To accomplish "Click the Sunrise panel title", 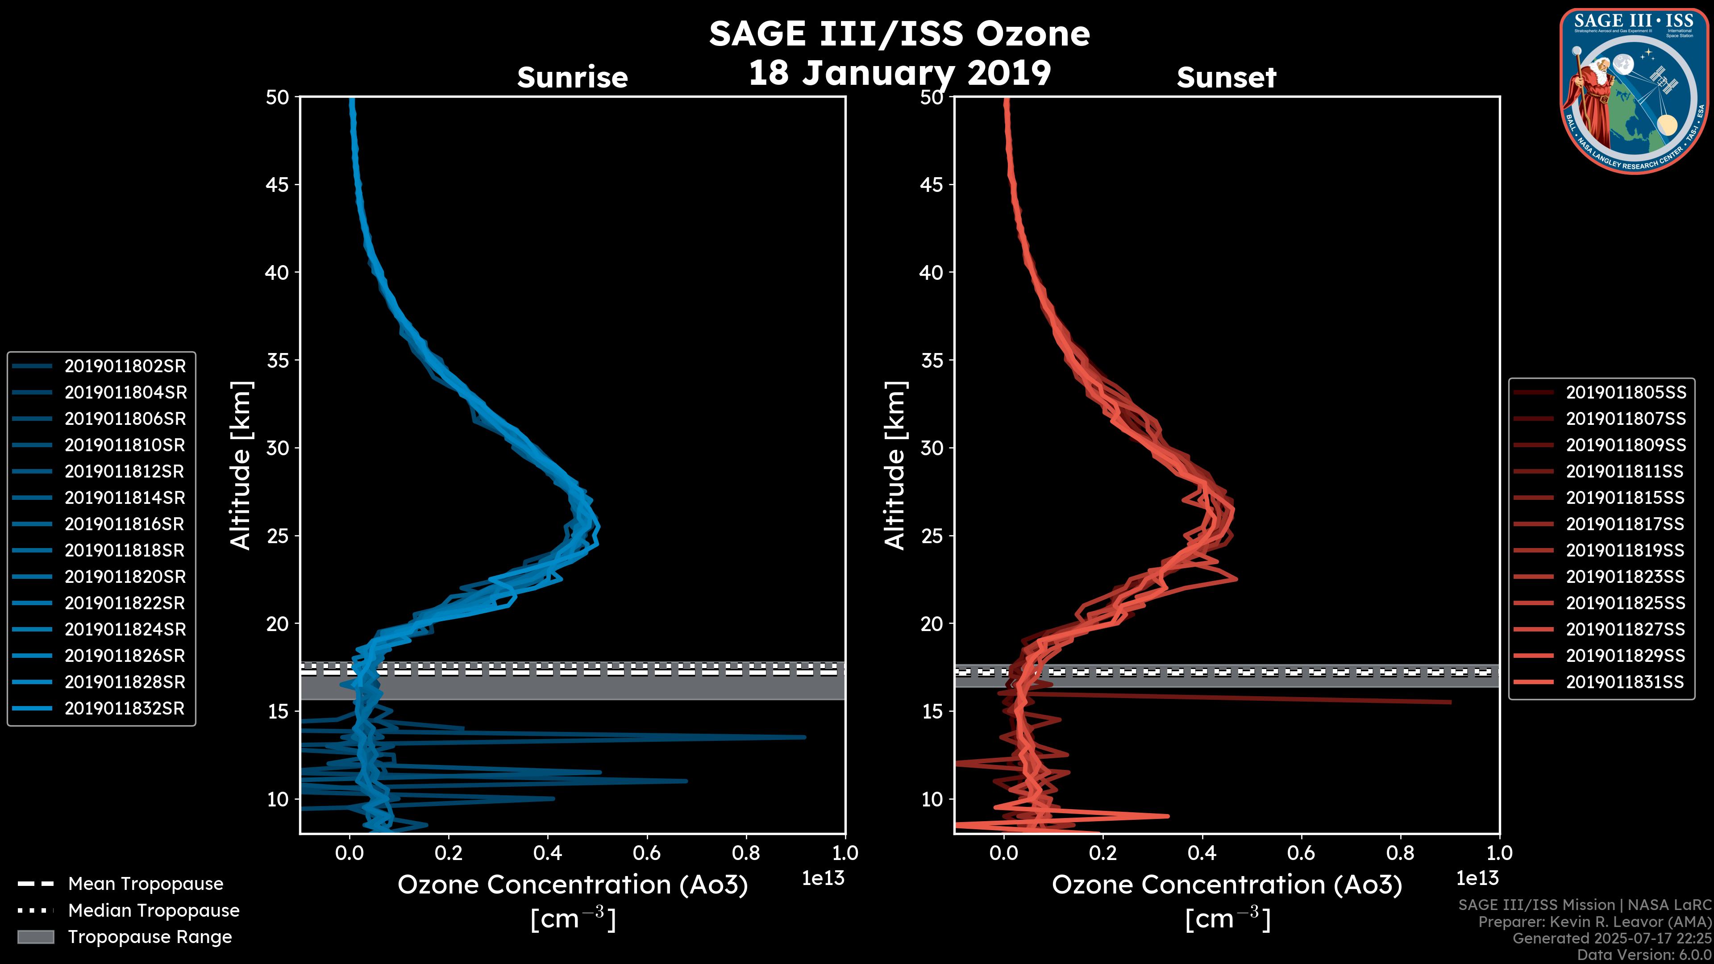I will click(x=572, y=78).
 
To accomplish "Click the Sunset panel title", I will click(x=1226, y=78).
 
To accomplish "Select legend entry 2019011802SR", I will click(x=125, y=366).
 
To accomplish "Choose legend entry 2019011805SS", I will click(x=1626, y=393).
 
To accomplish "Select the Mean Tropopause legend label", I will click(x=146, y=884).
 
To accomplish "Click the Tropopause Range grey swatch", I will click(x=35, y=937).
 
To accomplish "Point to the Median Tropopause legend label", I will click(x=154, y=910).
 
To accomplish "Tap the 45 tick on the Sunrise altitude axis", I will click(x=278, y=185).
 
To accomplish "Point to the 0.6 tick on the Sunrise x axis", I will click(x=647, y=853).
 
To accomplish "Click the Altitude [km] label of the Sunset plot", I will click(x=895, y=465).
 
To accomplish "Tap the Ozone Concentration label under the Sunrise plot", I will click(x=572, y=885).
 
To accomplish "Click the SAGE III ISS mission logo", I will click(x=1634, y=91).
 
